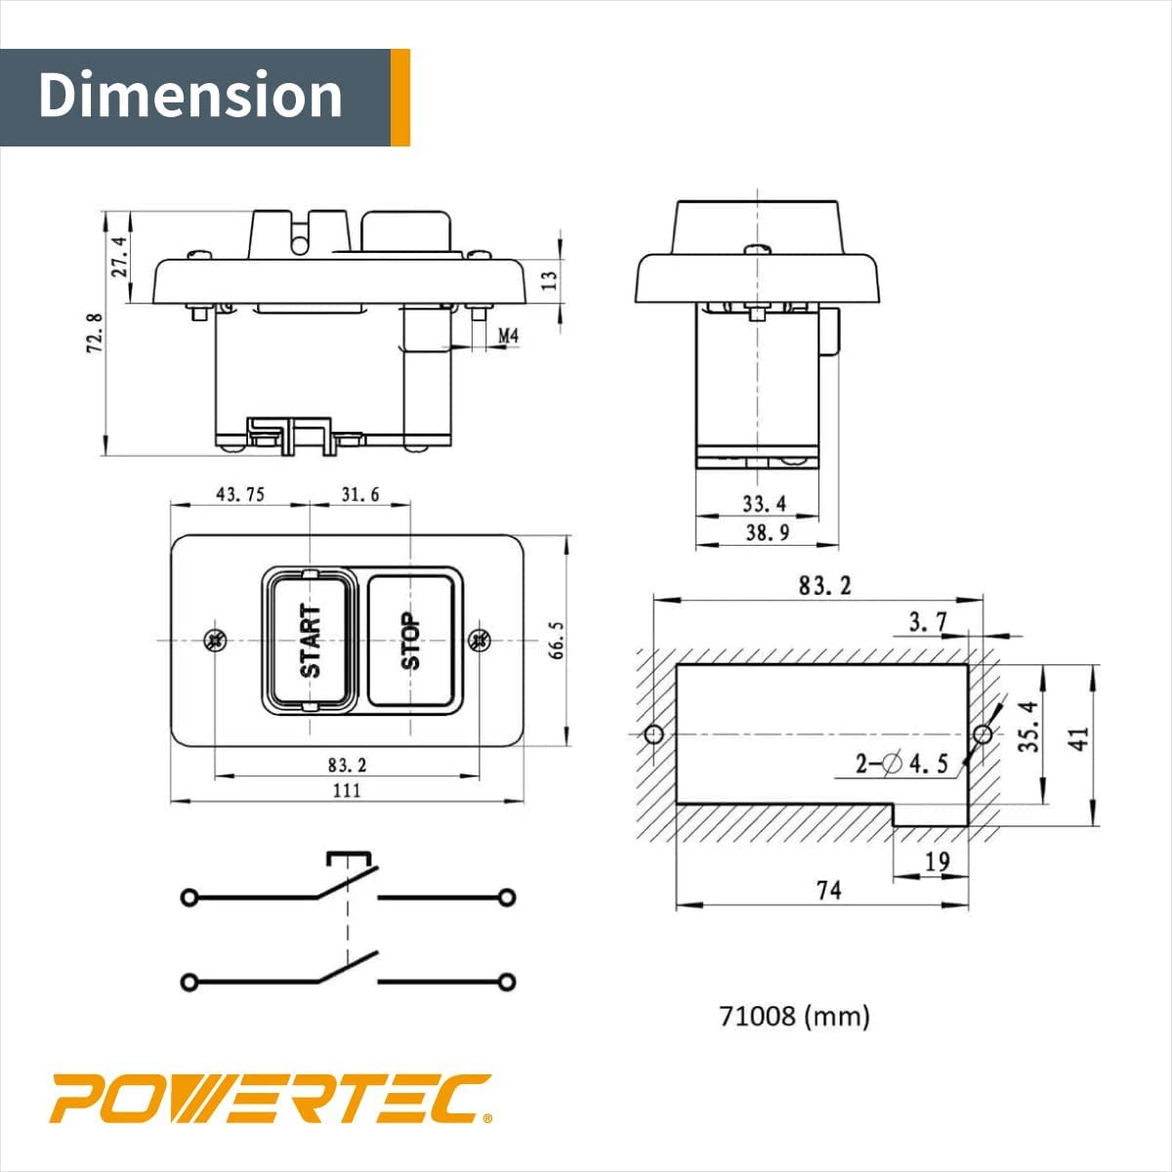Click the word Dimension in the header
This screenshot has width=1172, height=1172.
click(191, 96)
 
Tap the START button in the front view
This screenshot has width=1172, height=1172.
click(309, 641)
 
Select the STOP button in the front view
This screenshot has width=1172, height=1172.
click(411, 641)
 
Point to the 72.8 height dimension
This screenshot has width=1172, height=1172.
click(95, 333)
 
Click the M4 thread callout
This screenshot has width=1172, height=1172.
click(508, 336)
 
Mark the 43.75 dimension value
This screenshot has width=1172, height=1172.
click(240, 494)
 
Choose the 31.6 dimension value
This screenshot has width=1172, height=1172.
click(359, 494)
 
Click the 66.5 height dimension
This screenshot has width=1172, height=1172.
click(557, 640)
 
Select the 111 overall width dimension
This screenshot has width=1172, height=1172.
click(347, 790)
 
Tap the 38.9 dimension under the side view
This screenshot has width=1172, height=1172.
click(767, 532)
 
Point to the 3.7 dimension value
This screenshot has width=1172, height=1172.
click(927, 621)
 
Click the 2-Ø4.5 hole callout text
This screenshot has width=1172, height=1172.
click(901, 764)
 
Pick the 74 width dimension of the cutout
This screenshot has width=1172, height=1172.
click(828, 890)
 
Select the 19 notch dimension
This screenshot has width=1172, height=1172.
click(936, 861)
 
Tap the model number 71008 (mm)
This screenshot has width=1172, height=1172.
click(794, 1016)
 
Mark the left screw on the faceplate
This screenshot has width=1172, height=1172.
click(215, 641)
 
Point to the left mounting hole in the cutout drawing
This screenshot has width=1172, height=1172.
click(654, 733)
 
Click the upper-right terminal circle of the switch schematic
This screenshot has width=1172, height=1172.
click(506, 898)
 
